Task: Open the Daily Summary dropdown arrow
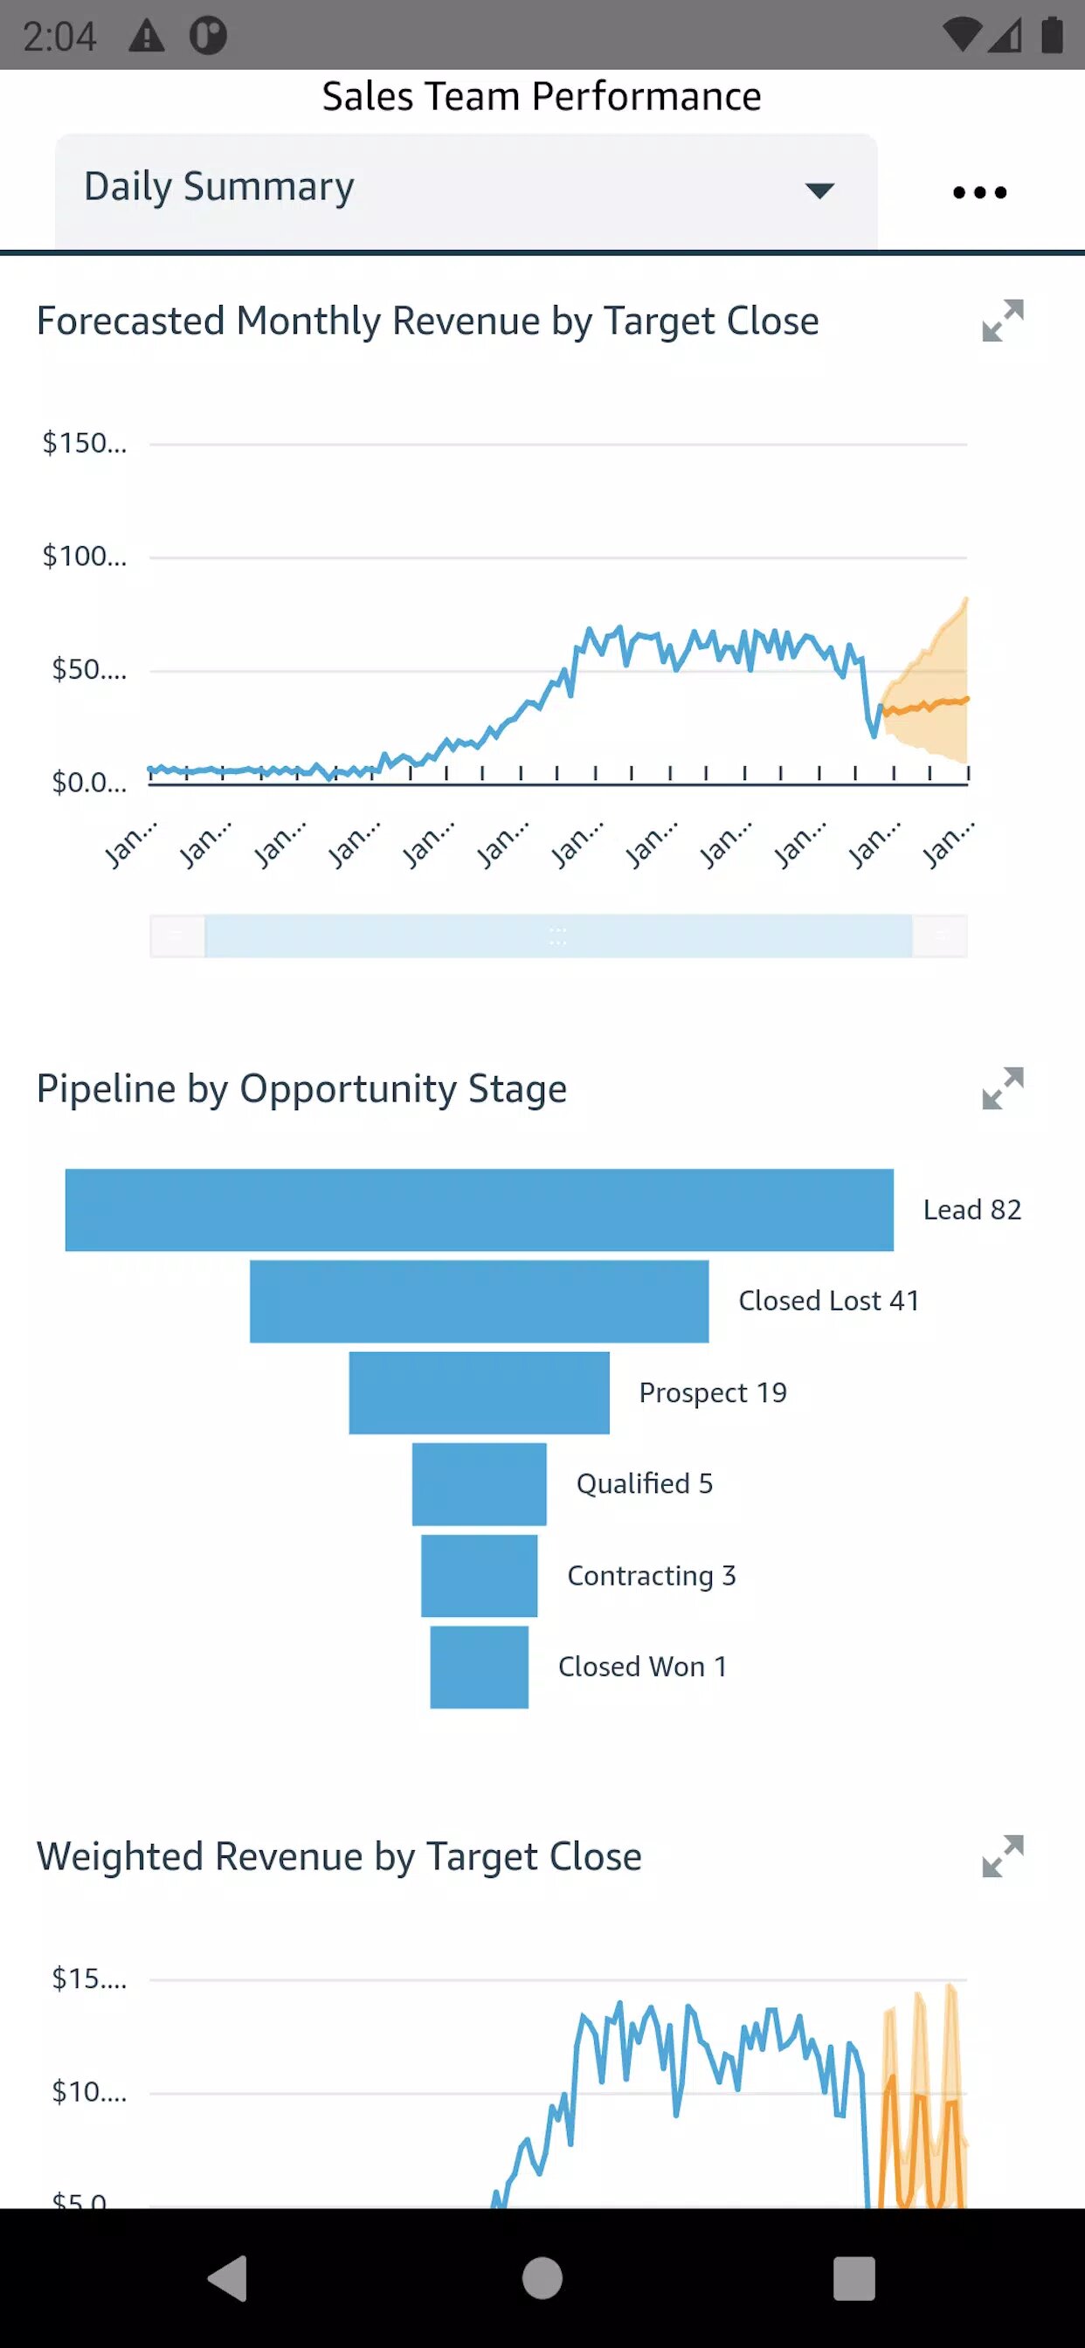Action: [819, 190]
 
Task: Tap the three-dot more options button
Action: [979, 192]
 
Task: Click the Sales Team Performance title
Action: [542, 97]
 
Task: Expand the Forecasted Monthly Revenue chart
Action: [1002, 321]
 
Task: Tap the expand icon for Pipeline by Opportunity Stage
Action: [1002, 1088]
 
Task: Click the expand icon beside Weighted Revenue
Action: [1002, 1856]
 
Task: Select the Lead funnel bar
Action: [479, 1210]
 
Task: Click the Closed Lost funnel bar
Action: [479, 1301]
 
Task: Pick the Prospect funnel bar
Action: [479, 1392]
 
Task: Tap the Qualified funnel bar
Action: [479, 1484]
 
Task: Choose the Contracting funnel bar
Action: [479, 1575]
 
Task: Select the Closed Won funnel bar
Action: [479, 1666]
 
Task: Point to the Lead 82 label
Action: [972, 1210]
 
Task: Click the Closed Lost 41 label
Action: [829, 1301]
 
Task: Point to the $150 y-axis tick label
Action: [85, 444]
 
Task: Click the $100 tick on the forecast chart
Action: [85, 556]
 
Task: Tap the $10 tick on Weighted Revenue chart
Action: [89, 2092]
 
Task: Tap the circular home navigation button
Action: [542, 2279]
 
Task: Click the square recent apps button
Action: [854, 2279]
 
